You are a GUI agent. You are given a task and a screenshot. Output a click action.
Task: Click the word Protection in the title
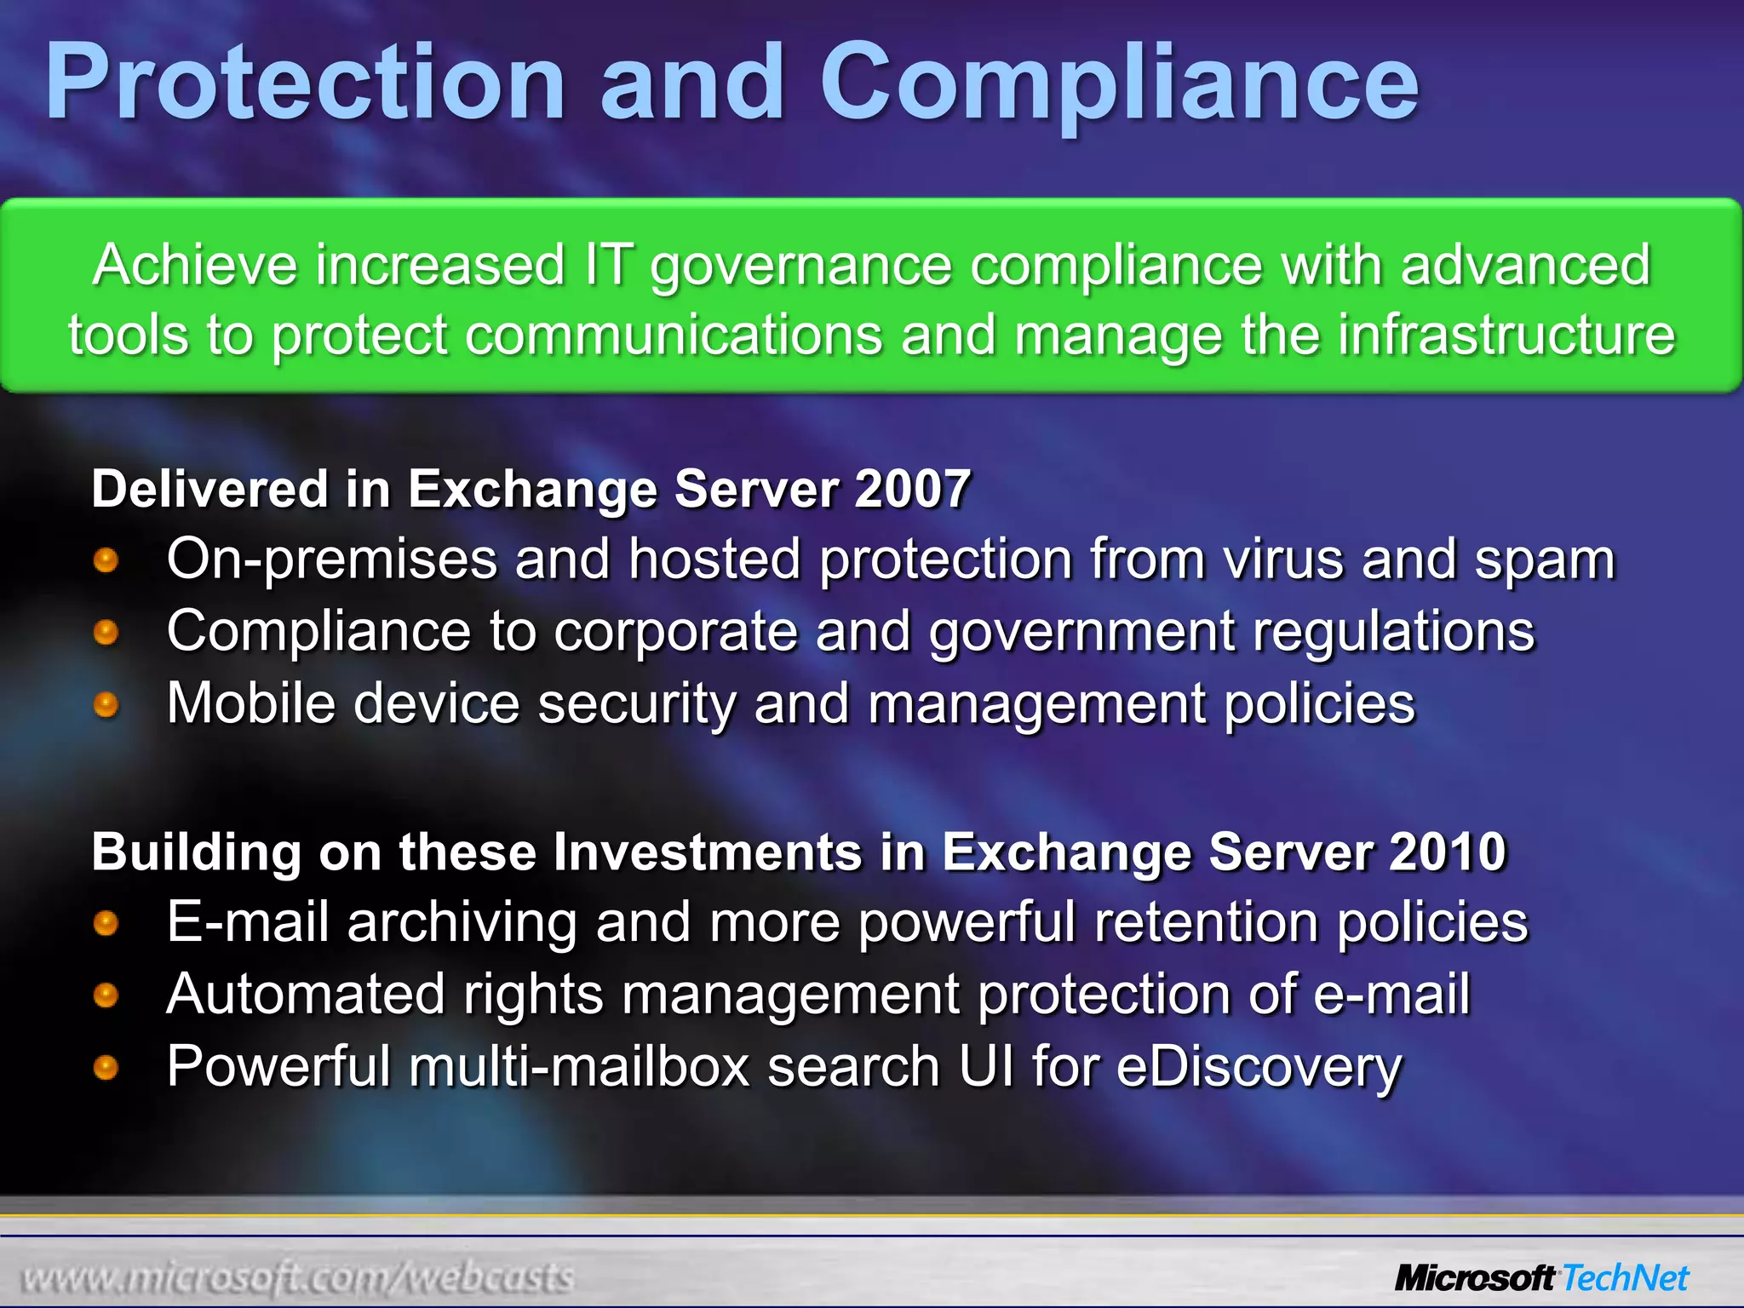pyautogui.click(x=305, y=83)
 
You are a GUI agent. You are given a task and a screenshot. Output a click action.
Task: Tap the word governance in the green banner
pyautogui.click(x=800, y=266)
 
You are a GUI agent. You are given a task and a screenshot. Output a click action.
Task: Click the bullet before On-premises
pyautogui.click(x=106, y=560)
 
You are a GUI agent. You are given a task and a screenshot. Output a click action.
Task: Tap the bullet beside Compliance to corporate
pyautogui.click(x=106, y=633)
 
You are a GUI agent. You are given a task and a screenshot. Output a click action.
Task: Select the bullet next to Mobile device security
pyautogui.click(x=106, y=705)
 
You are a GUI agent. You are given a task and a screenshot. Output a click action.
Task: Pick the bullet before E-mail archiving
pyautogui.click(x=106, y=923)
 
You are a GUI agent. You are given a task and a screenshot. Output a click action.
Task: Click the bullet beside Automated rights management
pyautogui.click(x=106, y=995)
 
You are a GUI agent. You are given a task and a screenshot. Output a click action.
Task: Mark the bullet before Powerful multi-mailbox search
pyautogui.click(x=106, y=1068)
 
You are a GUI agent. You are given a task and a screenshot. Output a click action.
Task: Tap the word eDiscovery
pyautogui.click(x=1258, y=1067)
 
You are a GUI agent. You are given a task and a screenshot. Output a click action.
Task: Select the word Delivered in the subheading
pyautogui.click(x=209, y=490)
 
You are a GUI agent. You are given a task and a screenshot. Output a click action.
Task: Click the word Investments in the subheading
pyautogui.click(x=707, y=852)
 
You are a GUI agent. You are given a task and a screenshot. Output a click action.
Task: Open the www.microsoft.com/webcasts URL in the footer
pyautogui.click(x=297, y=1277)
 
